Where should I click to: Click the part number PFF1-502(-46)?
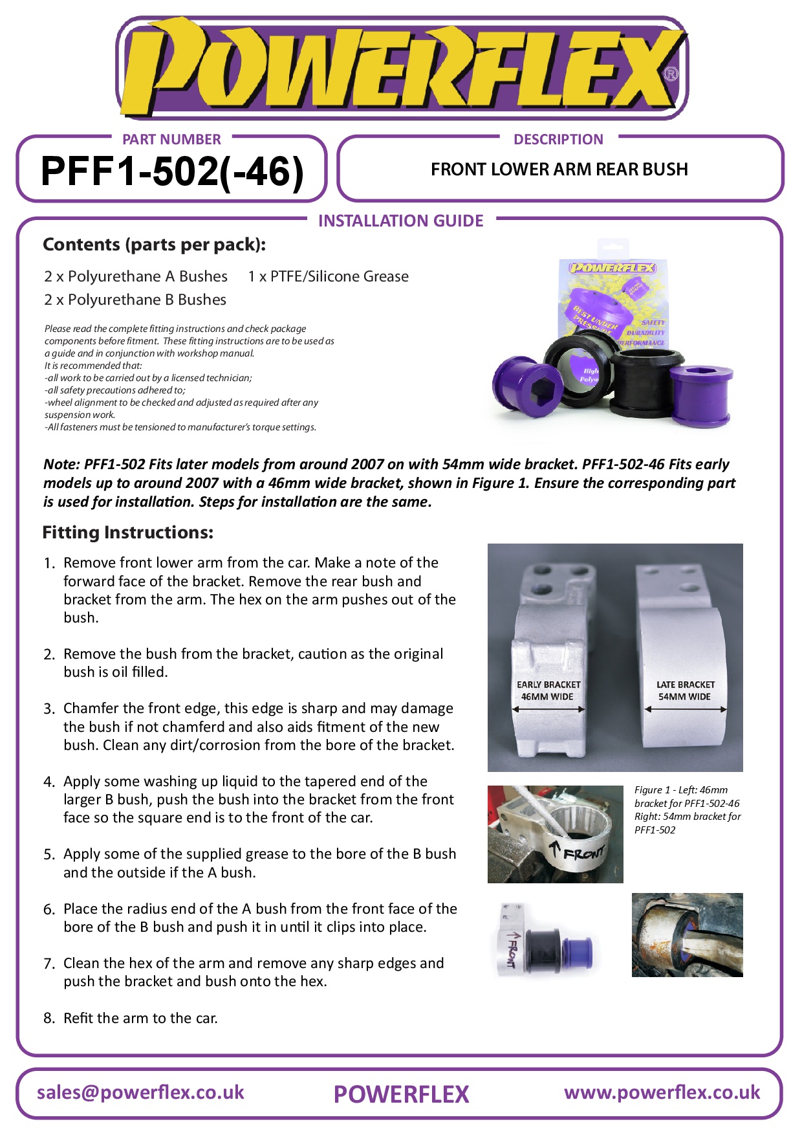coord(172,172)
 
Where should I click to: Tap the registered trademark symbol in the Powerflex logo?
coord(671,74)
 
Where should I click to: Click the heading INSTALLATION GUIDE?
coord(400,221)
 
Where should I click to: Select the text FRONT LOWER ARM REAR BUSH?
coord(559,170)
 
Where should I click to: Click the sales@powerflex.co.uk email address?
coord(140,1092)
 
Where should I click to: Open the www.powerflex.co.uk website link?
coord(662,1092)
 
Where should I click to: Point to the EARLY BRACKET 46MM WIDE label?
coord(548,690)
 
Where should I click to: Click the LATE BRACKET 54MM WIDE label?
coord(685,690)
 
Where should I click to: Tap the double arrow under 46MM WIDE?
coord(548,709)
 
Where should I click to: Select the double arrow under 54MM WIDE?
coord(686,709)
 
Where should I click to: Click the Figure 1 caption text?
coord(687,810)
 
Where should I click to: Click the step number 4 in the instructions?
coord(49,782)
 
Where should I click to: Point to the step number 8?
coord(49,1019)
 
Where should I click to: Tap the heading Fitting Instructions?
coord(128,533)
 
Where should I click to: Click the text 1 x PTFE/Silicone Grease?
coord(328,277)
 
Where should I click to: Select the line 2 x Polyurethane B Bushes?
coord(135,300)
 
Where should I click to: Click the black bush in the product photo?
coord(637,382)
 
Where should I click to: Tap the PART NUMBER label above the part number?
coord(171,139)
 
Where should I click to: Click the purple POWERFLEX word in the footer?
coord(401,1094)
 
